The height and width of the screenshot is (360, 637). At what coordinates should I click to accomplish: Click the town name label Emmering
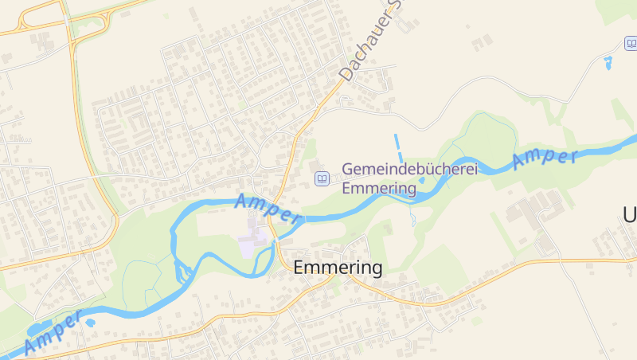pos(338,268)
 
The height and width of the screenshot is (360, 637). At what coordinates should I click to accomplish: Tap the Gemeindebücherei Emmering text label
pos(379,179)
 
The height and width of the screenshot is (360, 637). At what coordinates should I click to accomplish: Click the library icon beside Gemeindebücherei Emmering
pos(321,178)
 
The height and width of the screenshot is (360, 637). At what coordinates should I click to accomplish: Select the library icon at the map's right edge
pos(631,42)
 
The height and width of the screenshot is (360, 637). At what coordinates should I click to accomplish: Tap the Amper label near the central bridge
pos(268,207)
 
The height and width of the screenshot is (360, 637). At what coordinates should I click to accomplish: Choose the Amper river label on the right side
pos(545,157)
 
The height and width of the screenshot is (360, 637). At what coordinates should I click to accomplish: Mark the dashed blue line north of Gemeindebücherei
pos(398,147)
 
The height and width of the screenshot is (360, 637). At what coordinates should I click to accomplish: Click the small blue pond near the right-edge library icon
pos(609,61)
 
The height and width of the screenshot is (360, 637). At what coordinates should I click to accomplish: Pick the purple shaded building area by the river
pos(250,243)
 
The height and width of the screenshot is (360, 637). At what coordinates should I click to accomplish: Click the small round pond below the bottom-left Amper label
pos(90,323)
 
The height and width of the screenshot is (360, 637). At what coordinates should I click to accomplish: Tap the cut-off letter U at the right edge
pos(630,214)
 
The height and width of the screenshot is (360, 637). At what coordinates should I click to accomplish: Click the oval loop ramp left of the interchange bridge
pos(32,23)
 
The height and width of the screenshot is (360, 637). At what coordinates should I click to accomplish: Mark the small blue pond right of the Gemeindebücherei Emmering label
pos(421,179)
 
